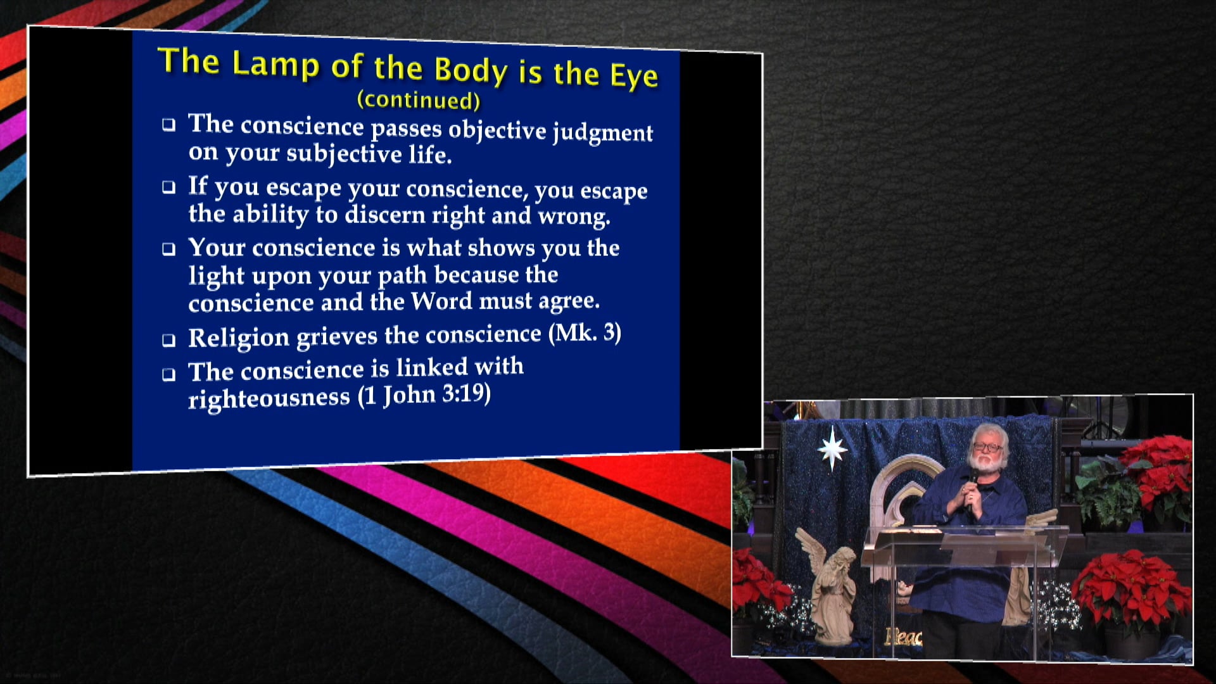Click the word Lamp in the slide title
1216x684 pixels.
point(275,65)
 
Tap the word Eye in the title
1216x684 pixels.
point(633,76)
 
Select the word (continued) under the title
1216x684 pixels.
point(419,99)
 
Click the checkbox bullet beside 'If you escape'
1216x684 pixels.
point(168,187)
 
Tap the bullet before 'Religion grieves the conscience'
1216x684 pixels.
point(168,340)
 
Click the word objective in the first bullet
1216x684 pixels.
point(497,129)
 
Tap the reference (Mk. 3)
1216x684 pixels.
point(585,333)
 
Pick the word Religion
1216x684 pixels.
point(239,338)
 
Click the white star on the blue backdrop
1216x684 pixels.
point(832,448)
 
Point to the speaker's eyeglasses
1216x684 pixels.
point(987,447)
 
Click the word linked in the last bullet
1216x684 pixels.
point(432,367)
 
